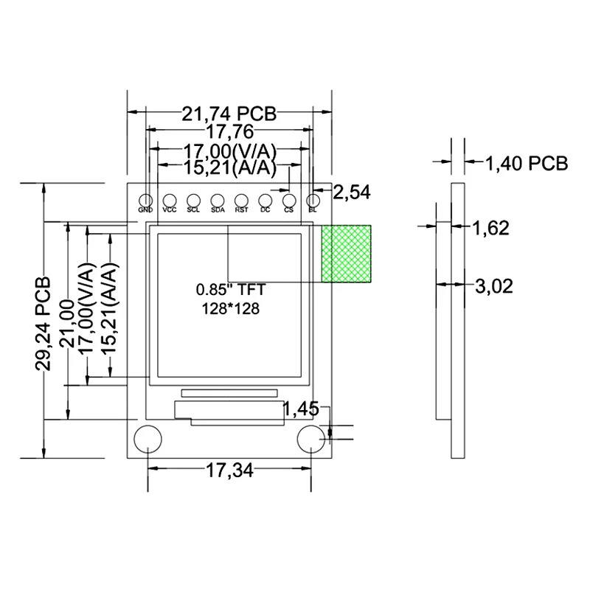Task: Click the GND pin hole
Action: pyautogui.click(x=145, y=200)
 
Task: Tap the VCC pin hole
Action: pyautogui.click(x=170, y=200)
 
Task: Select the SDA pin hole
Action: pyautogui.click(x=218, y=200)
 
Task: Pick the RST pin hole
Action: pyautogui.click(x=241, y=200)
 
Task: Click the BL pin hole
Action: pyautogui.click(x=313, y=200)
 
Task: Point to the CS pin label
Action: pyautogui.click(x=289, y=210)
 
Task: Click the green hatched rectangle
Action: pyautogui.click(x=347, y=254)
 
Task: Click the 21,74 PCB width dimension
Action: pyautogui.click(x=229, y=114)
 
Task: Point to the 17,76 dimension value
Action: pyautogui.click(x=229, y=133)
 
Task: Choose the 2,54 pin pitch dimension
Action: pyautogui.click(x=352, y=193)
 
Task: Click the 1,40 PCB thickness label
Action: pyautogui.click(x=526, y=163)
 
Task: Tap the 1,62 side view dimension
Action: pyautogui.click(x=490, y=228)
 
